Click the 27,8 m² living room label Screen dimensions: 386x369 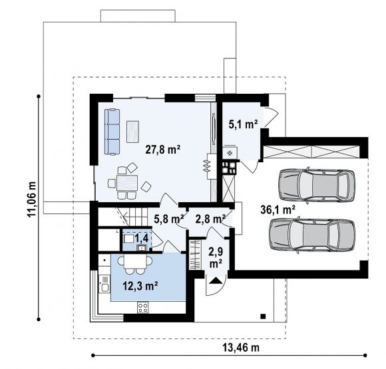click(x=163, y=150)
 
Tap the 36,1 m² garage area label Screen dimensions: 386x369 click(x=278, y=210)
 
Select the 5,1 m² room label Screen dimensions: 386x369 click(x=243, y=124)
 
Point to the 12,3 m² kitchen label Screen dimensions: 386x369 click(x=140, y=286)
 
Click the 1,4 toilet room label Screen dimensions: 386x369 click(x=141, y=238)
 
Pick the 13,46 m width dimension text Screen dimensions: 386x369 click(x=241, y=348)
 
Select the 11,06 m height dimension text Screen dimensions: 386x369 click(x=32, y=199)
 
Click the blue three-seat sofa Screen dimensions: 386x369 click(x=112, y=132)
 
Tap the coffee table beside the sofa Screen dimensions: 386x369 click(x=132, y=132)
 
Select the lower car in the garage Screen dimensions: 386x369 click(x=313, y=235)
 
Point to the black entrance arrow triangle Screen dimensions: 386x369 click(x=216, y=281)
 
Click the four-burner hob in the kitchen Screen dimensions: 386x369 click(x=143, y=307)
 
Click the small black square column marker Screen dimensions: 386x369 click(x=263, y=316)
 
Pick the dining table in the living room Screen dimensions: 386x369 click(x=127, y=183)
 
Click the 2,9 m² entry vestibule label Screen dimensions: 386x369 click(x=216, y=258)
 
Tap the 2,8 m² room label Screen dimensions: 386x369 click(x=210, y=219)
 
